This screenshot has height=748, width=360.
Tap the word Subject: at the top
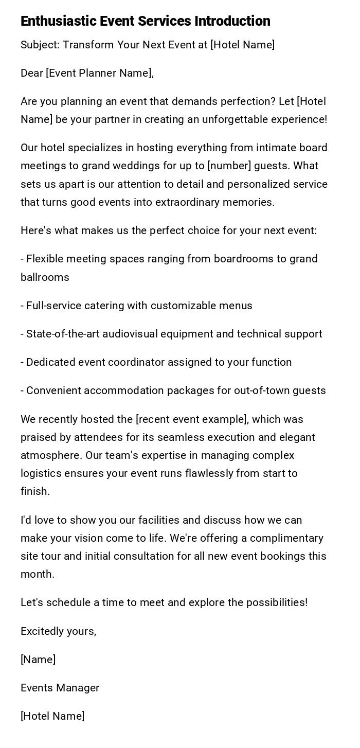40,45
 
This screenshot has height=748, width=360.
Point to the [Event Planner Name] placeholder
100,73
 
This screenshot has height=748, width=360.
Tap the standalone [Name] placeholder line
38,660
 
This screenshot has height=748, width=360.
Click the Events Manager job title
60,688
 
